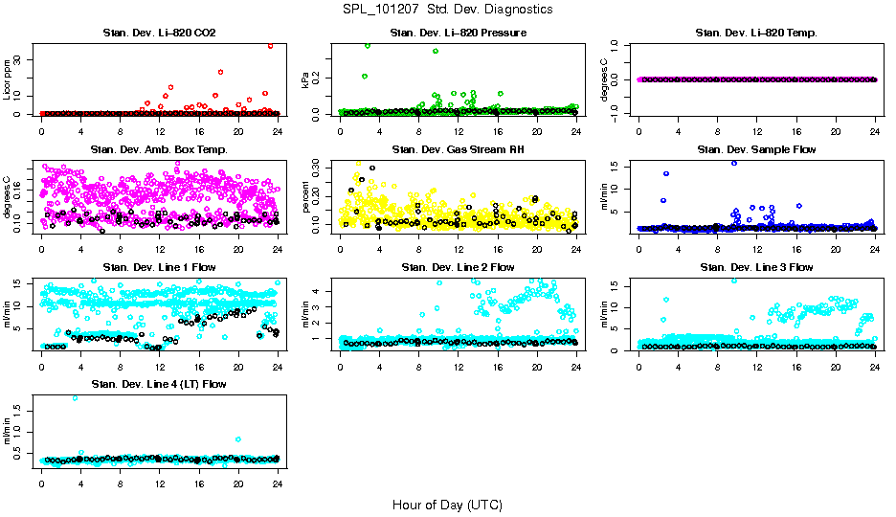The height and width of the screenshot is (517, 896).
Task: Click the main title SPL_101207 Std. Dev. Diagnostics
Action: click(447, 10)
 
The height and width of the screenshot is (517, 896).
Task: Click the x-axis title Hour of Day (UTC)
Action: click(447, 504)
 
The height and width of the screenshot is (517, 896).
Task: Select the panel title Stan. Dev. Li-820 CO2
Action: click(159, 34)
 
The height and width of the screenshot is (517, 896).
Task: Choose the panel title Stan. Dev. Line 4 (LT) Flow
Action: click(159, 384)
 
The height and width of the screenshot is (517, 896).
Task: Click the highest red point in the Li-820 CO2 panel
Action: click(271, 45)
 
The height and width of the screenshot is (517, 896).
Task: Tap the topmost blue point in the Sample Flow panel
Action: click(734, 163)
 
